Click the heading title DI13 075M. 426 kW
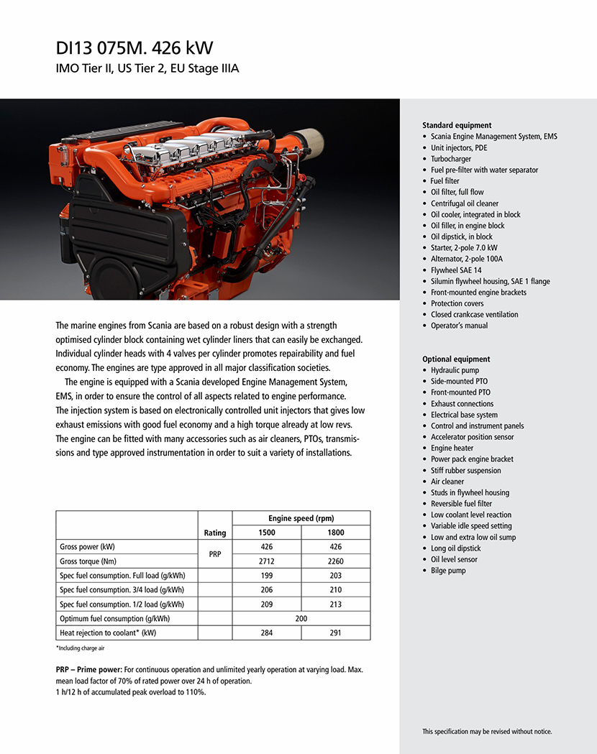135,48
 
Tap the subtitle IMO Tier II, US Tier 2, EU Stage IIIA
147,69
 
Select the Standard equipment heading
457,125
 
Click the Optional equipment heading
456,359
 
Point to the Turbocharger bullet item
451,159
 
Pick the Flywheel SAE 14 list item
457,270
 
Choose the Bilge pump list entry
448,571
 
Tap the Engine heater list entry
452,449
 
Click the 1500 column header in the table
266,533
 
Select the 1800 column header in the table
335,533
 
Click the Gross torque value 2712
266,561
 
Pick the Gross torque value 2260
335,561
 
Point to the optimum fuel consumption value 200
301,619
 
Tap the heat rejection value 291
335,633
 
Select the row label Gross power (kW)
88,547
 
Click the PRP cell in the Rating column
214,554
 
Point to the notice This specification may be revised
487,732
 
